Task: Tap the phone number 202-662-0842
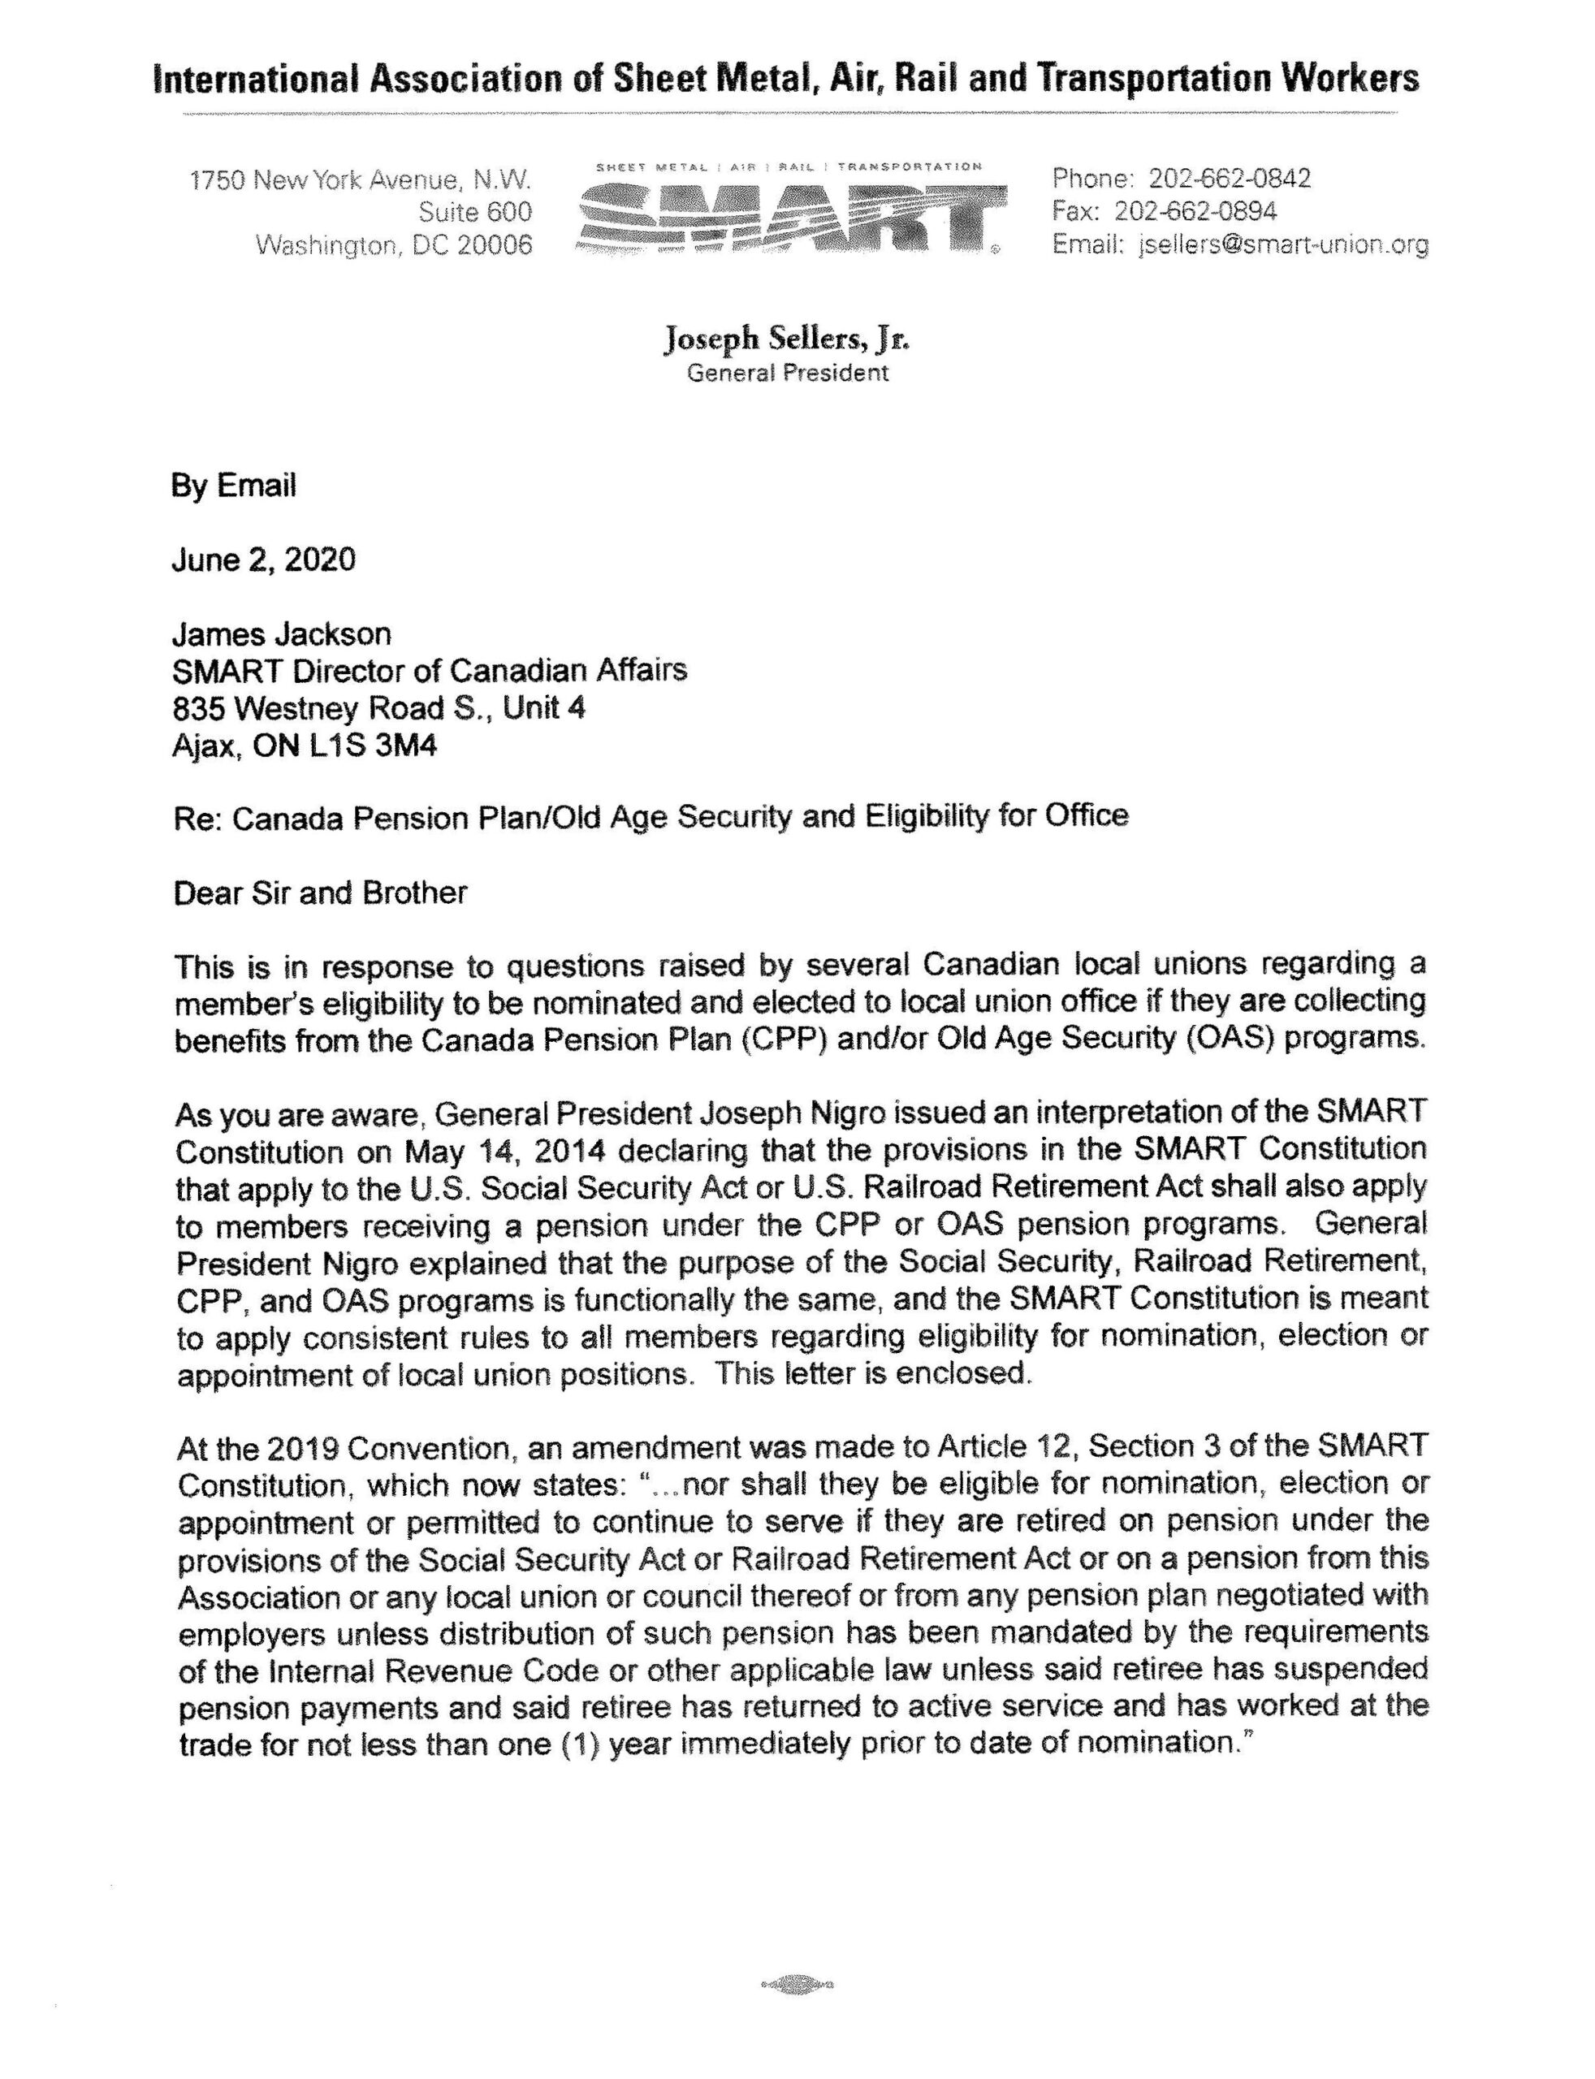click(1230, 178)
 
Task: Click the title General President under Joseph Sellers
click(788, 373)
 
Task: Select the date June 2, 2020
click(263, 560)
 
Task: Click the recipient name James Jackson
click(281, 633)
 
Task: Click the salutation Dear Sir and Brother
click(320, 893)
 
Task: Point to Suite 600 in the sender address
click(475, 211)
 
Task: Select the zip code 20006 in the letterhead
click(495, 245)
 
